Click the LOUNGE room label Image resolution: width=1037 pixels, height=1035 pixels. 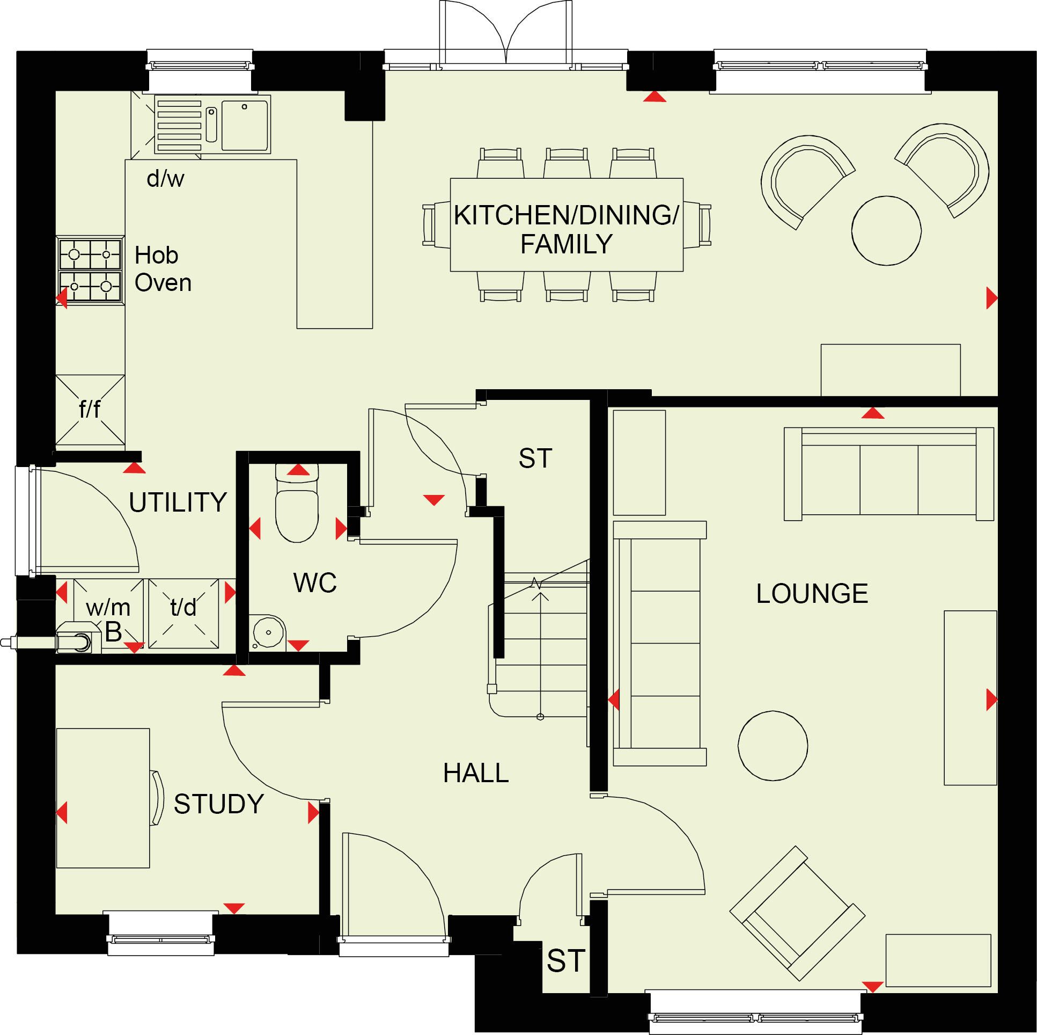[812, 594]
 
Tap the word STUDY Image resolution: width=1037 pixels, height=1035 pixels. [218, 804]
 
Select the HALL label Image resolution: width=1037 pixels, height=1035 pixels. [475, 774]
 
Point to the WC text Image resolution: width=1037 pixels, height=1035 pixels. [314, 583]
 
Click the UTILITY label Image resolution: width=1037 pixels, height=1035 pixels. [178, 502]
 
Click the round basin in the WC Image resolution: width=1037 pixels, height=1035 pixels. [268, 632]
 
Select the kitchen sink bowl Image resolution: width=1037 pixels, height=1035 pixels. [245, 125]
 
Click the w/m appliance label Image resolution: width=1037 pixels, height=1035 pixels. [108, 608]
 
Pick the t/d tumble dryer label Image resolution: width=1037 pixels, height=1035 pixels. [183, 608]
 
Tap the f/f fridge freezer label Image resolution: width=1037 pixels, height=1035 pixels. [90, 410]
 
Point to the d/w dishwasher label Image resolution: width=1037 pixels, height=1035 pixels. [165, 178]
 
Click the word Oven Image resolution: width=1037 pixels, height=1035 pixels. [163, 283]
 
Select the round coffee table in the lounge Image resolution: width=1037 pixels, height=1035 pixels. [773, 746]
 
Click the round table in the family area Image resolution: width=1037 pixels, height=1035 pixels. [886, 231]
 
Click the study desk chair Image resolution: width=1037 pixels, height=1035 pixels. [157, 798]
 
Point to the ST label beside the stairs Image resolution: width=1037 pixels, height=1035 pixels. [535, 458]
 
